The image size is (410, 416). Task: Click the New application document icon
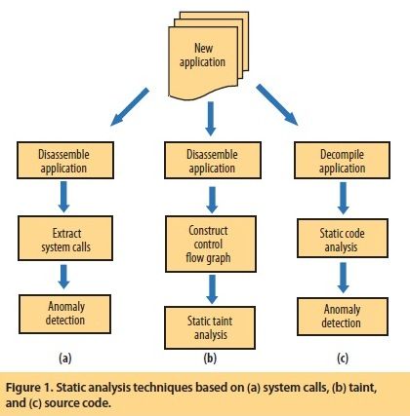tap(208, 56)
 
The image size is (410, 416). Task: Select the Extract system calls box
tap(65, 239)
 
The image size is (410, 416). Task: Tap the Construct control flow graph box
tap(211, 245)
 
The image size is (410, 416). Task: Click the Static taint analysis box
tap(210, 327)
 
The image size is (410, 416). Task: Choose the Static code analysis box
tap(343, 239)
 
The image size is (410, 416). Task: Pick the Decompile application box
tap(342, 160)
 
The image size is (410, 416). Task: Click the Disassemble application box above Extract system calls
tap(65, 160)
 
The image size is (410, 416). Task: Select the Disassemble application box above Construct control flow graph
tap(213, 160)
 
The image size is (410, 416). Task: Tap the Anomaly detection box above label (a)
tap(64, 314)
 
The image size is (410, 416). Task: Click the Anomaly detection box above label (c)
tap(343, 317)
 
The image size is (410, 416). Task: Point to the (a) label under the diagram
tap(65, 359)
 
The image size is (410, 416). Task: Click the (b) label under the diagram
tap(210, 359)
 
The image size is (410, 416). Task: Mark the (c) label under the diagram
tap(343, 359)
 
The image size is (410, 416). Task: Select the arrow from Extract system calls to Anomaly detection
tap(63, 277)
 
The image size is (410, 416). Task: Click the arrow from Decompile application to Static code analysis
tap(343, 198)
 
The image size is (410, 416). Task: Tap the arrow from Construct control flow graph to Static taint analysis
tap(212, 289)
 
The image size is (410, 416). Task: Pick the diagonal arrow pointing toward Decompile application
tap(277, 104)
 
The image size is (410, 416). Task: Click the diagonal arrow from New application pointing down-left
tap(130, 106)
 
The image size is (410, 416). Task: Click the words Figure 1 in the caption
tap(28, 388)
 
